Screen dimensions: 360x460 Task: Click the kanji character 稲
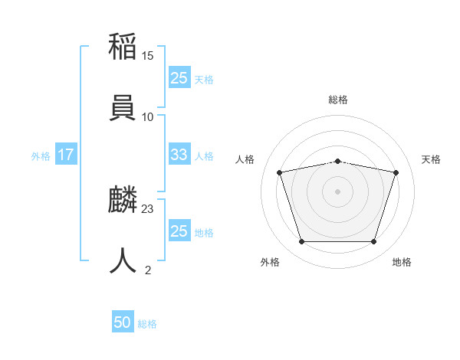tap(123, 48)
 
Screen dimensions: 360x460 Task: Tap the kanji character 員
tap(123, 106)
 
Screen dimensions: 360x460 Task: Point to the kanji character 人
tap(123, 260)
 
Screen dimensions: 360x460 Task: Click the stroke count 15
tap(148, 56)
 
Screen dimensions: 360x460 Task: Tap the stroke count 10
tap(148, 116)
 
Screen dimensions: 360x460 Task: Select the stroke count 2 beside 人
tap(148, 270)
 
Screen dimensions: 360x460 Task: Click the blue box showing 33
tap(179, 155)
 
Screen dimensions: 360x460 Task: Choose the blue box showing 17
tap(66, 155)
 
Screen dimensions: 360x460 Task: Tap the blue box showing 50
tap(123, 322)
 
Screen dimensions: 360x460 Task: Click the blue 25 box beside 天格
tap(179, 77)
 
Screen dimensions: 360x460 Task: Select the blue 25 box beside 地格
tap(179, 231)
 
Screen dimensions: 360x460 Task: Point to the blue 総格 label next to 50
tap(147, 324)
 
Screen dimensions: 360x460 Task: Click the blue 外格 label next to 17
tap(41, 156)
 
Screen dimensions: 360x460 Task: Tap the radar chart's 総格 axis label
tap(338, 100)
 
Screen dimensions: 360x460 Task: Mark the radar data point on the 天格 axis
tap(396, 172)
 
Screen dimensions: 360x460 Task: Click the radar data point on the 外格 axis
tap(301, 242)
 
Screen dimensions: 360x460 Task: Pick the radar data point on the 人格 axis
tap(280, 172)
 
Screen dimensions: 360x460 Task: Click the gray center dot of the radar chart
tap(338, 191)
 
